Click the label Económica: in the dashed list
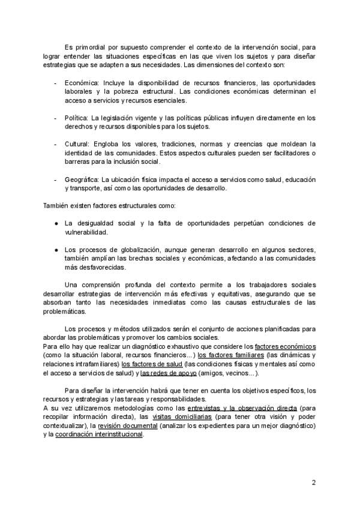tap(83, 83)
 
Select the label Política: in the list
tap(77, 118)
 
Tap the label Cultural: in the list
tap(78, 145)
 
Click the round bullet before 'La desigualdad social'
tap(55, 223)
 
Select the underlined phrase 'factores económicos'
tap(285, 346)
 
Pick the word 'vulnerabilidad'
tap(86, 232)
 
